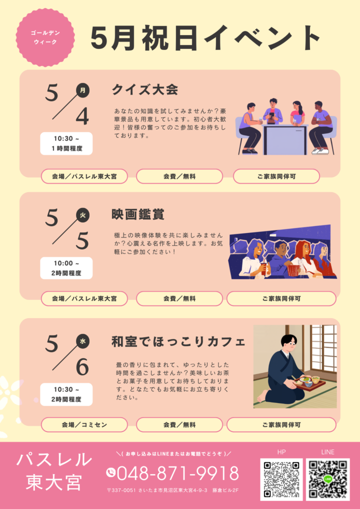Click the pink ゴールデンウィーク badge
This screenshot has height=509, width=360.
[x=45, y=37]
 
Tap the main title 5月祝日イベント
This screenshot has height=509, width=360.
[x=205, y=37]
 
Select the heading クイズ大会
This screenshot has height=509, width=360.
[x=144, y=90]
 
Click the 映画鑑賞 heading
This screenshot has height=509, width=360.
[x=137, y=214]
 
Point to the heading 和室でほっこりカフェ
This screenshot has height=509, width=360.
[x=178, y=342]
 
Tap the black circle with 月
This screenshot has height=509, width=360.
[x=83, y=90]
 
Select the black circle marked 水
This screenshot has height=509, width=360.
[x=83, y=341]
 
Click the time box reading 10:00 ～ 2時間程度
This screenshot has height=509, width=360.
[x=66, y=268]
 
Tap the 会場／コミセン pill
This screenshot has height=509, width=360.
[x=84, y=425]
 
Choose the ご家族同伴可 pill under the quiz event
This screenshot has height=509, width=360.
[x=276, y=176]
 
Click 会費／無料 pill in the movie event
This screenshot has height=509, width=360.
[x=179, y=298]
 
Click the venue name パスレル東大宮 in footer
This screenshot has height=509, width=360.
[x=54, y=471]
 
